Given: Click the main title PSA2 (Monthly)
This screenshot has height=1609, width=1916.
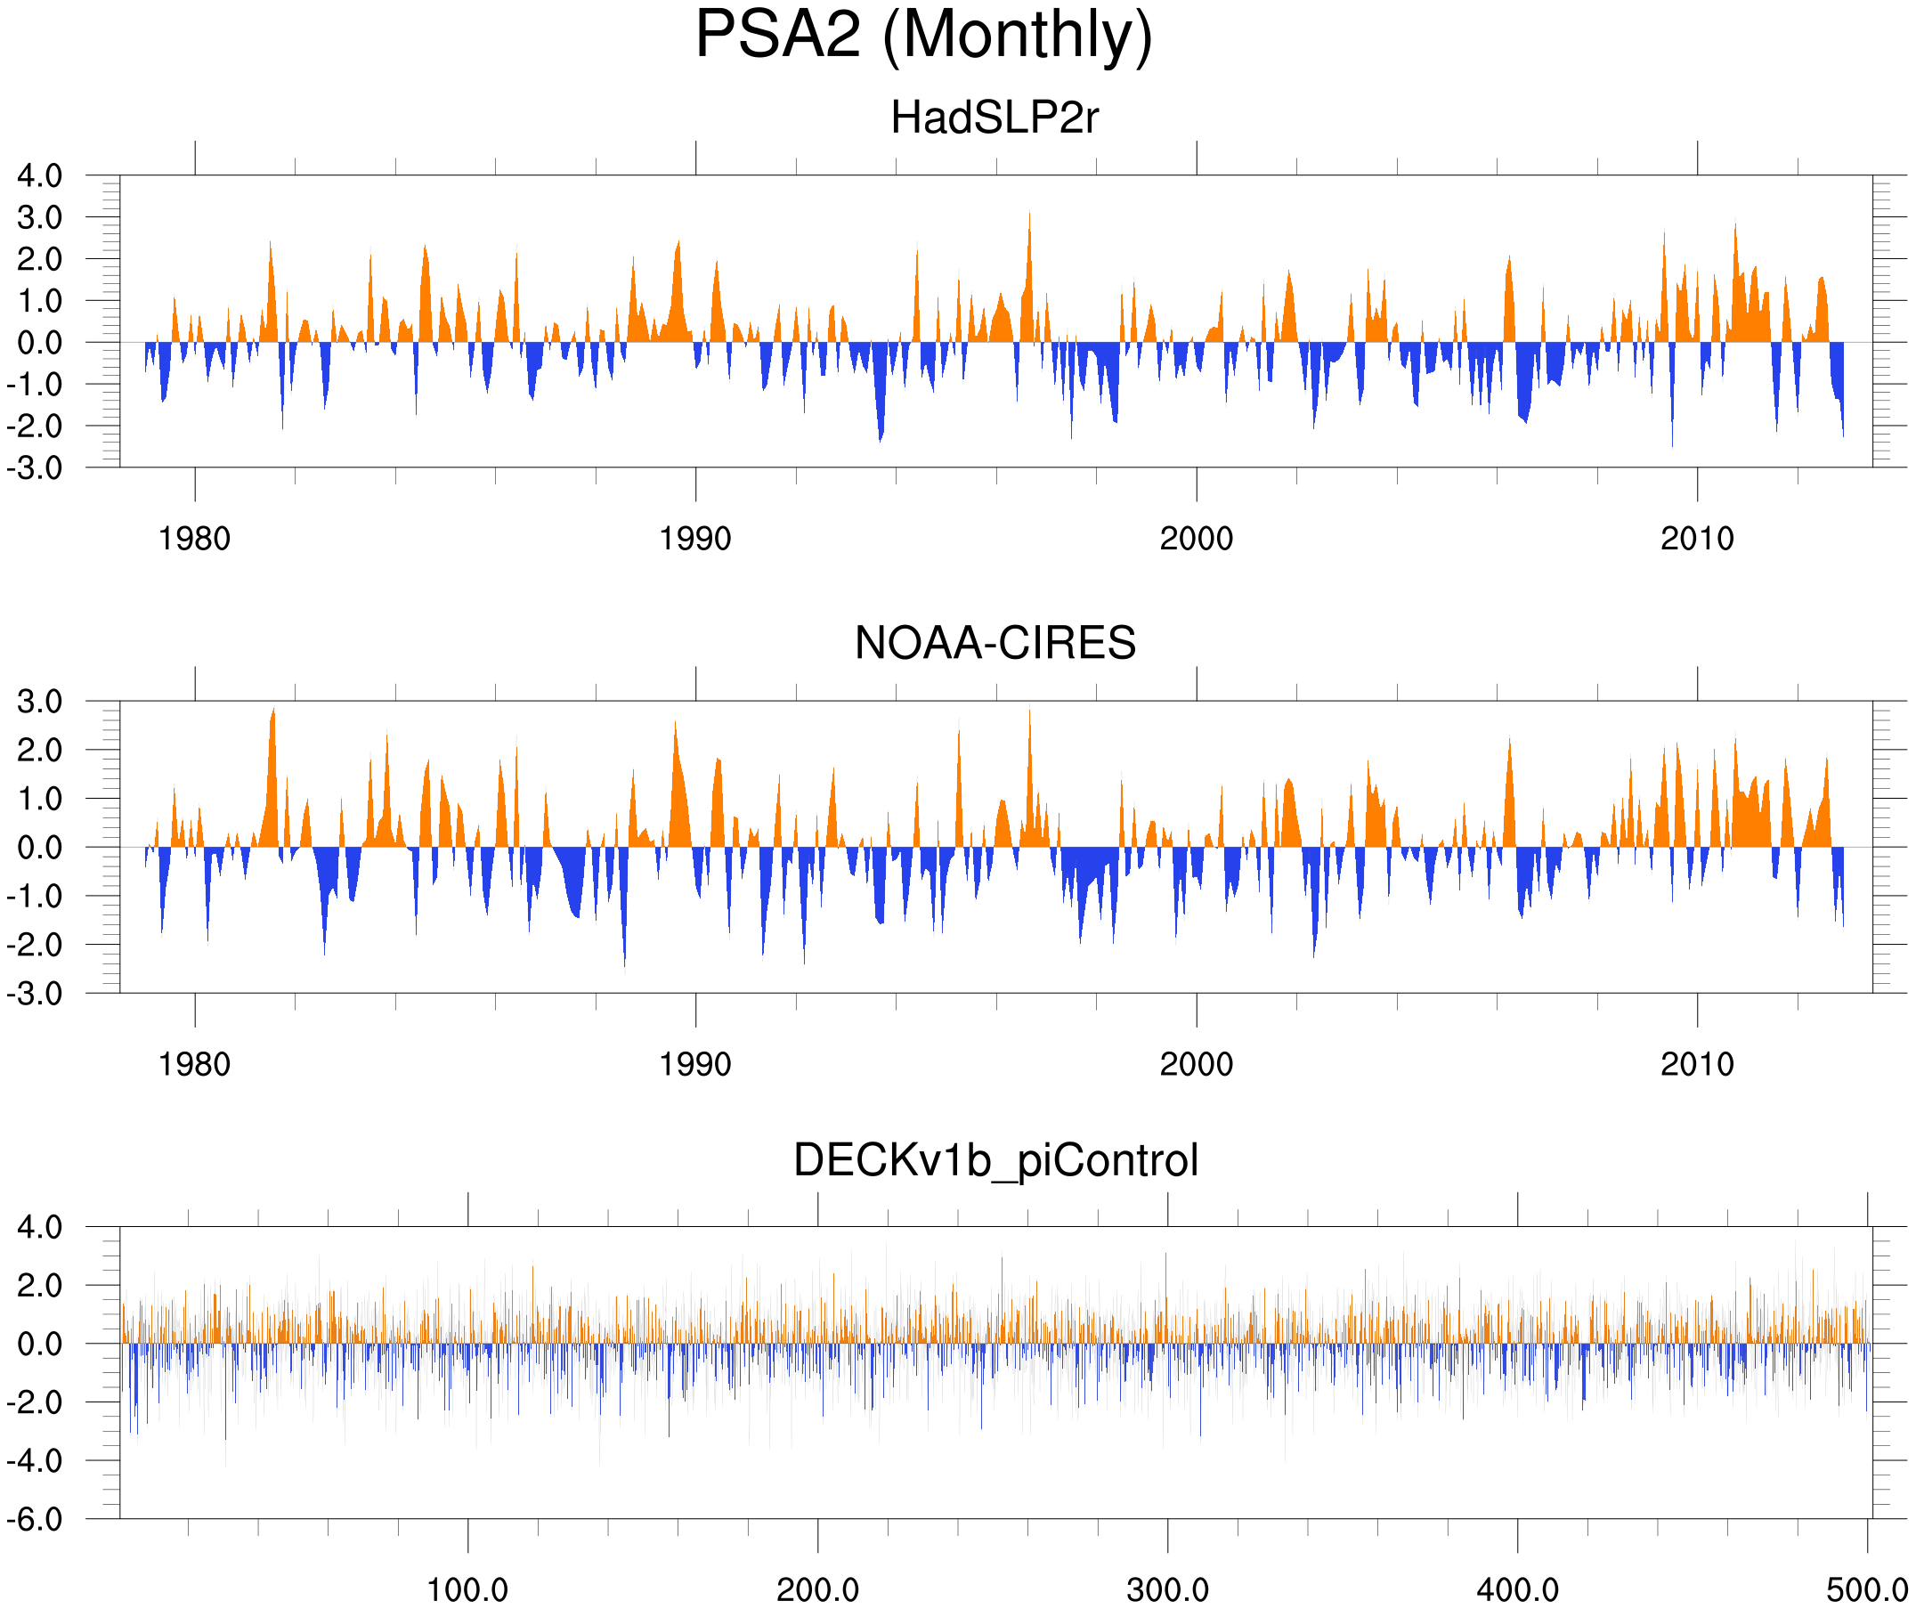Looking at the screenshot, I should [923, 37].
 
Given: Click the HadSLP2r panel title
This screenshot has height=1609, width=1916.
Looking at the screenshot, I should [995, 118].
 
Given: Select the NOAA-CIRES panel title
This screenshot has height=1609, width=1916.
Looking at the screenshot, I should [995, 644].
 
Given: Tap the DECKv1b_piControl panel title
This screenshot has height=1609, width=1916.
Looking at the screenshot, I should [995, 1161].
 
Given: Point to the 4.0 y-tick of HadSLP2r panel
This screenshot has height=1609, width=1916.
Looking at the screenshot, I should [40, 175].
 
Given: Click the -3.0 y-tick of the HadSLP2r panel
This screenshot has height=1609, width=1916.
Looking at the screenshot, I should [35, 468].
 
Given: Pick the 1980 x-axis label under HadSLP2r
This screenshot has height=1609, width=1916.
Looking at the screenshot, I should [194, 539].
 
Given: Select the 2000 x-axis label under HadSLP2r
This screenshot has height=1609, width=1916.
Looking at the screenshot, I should [1196, 539].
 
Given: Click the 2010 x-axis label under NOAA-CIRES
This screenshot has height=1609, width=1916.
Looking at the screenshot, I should [1697, 1064].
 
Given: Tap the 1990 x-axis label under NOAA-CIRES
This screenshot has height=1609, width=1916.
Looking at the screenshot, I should [695, 1064].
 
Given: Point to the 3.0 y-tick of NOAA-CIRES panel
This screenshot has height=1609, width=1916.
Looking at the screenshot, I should [40, 702].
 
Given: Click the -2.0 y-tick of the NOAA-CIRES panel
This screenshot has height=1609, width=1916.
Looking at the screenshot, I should [35, 946].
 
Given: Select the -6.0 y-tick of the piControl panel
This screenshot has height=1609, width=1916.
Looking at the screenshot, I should [35, 1520].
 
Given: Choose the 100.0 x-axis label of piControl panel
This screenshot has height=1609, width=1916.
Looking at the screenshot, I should [467, 1589].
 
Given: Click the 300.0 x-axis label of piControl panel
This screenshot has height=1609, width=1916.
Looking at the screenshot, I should [1167, 1589].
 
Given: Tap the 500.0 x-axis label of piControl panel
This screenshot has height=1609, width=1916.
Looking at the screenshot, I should [1867, 1589].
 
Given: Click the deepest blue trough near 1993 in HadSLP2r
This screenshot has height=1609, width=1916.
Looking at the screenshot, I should [881, 440].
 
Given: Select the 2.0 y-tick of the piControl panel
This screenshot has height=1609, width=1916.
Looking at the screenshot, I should [40, 1286].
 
